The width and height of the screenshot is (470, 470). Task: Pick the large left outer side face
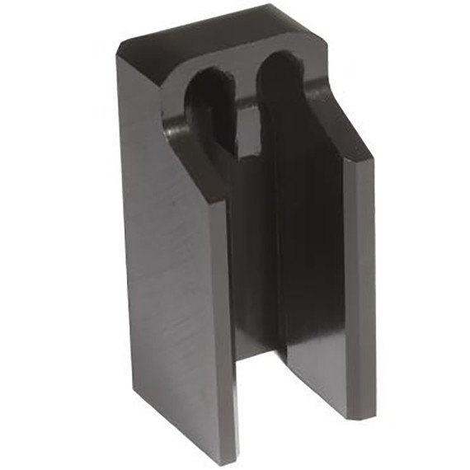pyautogui.click(x=165, y=272)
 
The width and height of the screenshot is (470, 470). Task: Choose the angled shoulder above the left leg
pyautogui.click(x=194, y=165)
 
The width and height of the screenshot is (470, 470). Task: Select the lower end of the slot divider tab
pyautogui.click(x=249, y=148)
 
